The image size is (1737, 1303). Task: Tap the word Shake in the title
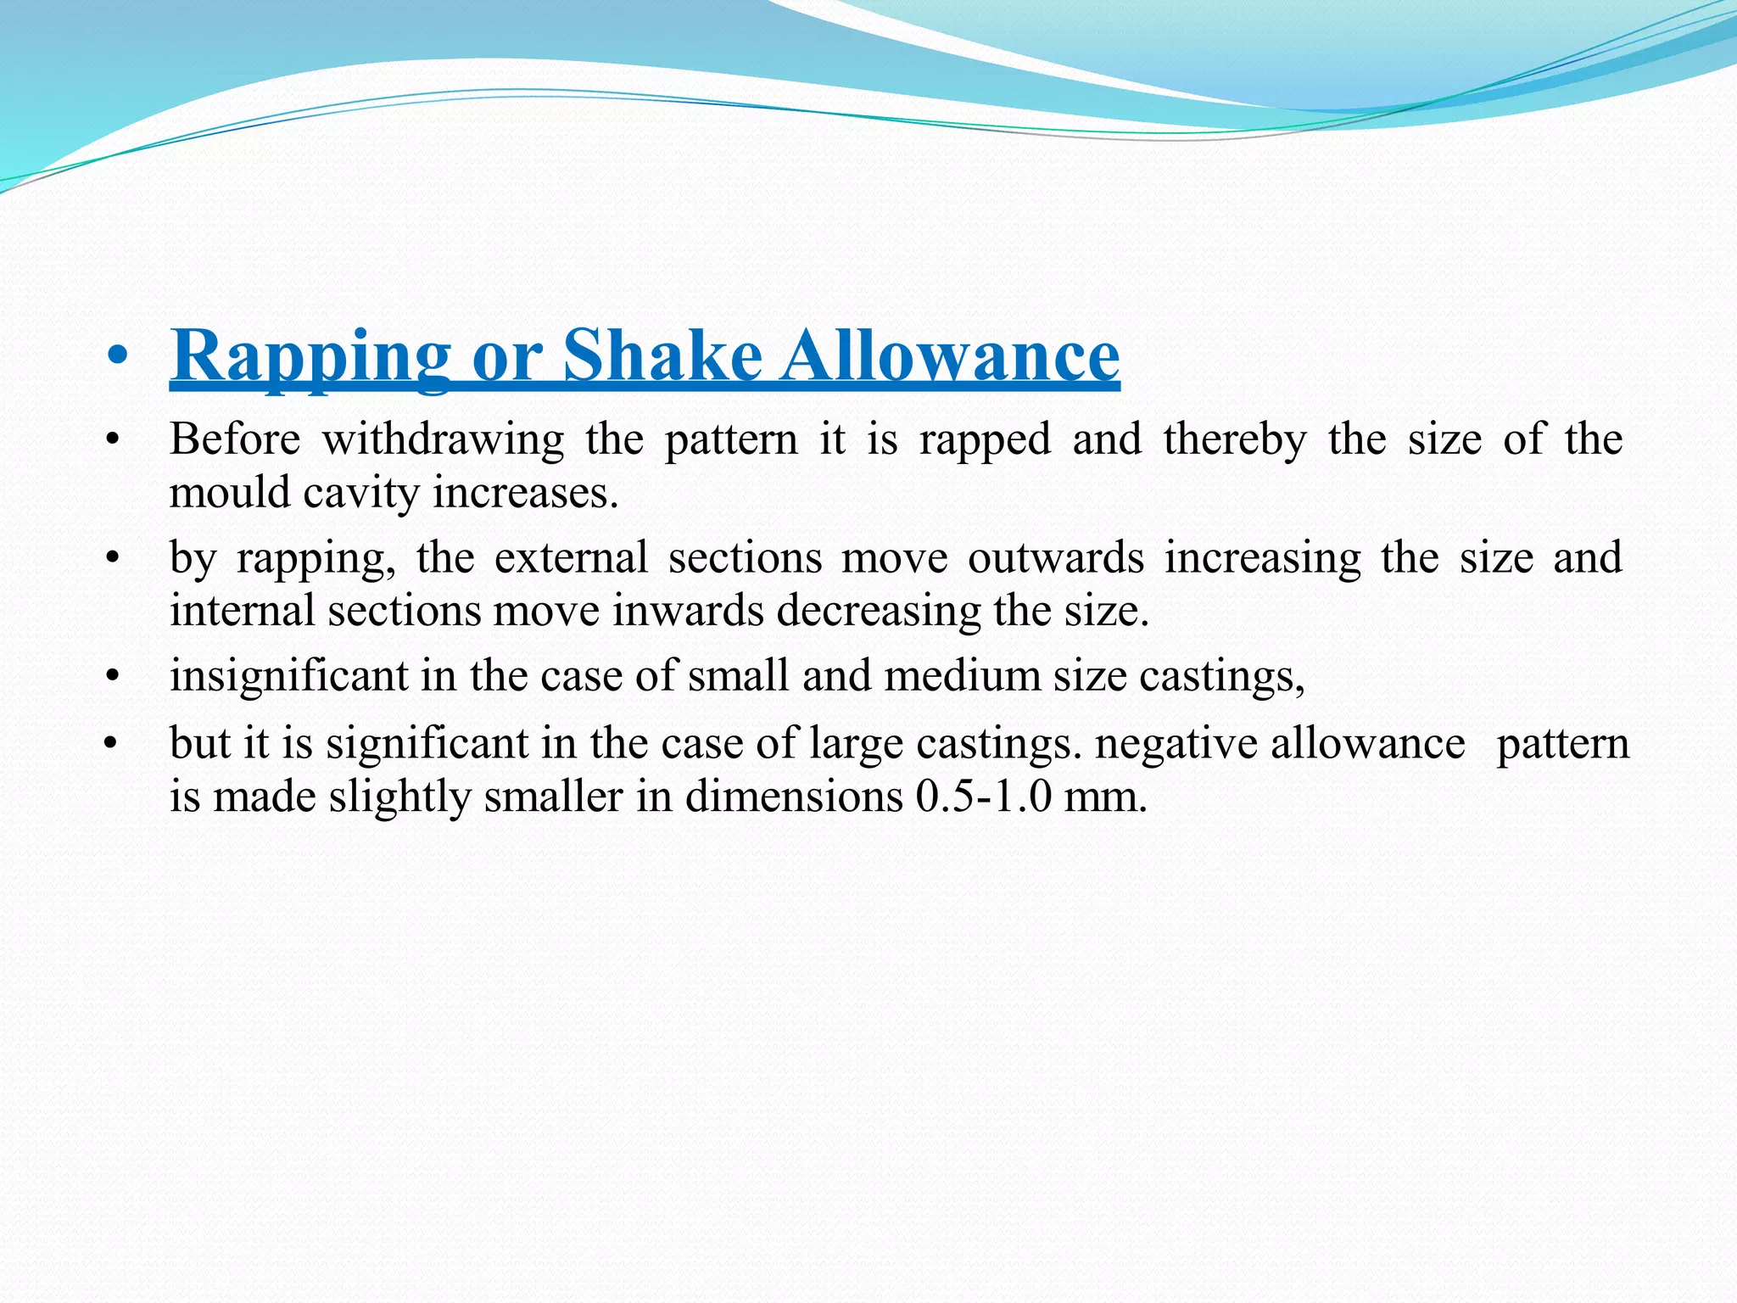662,356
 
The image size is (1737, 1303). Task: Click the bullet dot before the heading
119,358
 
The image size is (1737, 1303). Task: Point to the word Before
235,439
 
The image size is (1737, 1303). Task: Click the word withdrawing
443,439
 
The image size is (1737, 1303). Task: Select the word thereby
1235,439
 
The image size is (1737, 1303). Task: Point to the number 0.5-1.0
982,797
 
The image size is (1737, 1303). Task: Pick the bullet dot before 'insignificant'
111,677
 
